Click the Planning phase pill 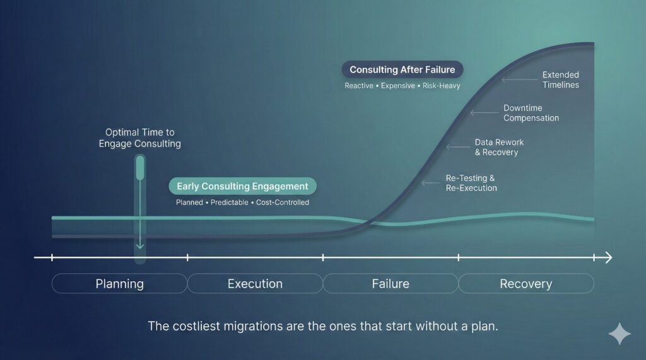pos(119,284)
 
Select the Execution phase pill pos(255,284)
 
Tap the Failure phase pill pos(391,284)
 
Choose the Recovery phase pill pos(526,284)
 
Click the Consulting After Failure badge pos(402,70)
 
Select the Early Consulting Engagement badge pos(242,187)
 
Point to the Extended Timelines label pos(560,79)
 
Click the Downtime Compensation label pos(531,113)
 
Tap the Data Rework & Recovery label pos(498,148)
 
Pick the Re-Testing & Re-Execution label pos(471,183)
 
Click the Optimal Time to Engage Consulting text pos(139,138)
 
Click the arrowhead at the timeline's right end pos(608,257)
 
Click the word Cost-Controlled pos(283,202)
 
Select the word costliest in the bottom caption pos(199,326)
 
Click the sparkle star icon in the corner pos(619,334)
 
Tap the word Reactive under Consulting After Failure pos(358,86)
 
